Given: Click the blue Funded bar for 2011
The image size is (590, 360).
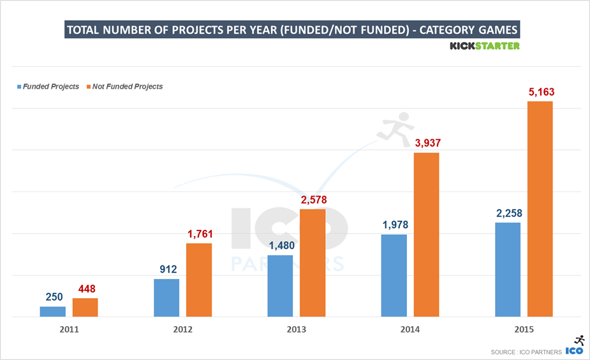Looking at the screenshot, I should [52, 311].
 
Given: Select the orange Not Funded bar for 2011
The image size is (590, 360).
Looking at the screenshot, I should [85, 307].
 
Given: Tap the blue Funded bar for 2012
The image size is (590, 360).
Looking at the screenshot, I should [166, 297].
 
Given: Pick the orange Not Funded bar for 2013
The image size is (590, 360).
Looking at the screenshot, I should [313, 262].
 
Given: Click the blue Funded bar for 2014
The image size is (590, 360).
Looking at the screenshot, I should [394, 275].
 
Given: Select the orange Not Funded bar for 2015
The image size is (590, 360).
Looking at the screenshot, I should [540, 209].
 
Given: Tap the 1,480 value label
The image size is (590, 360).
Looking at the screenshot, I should [280, 246].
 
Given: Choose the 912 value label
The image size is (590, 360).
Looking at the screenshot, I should [166, 269].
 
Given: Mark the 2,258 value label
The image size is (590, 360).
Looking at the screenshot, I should [508, 213].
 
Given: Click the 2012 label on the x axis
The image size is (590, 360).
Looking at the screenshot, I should [182, 329].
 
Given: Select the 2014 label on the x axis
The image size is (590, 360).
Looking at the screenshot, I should [410, 329].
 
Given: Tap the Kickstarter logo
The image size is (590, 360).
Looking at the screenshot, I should [484, 46].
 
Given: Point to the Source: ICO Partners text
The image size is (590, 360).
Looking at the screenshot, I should [526, 352].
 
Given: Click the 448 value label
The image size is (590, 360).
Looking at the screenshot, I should [85, 289].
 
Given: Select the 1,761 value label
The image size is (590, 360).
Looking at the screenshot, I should [199, 234].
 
